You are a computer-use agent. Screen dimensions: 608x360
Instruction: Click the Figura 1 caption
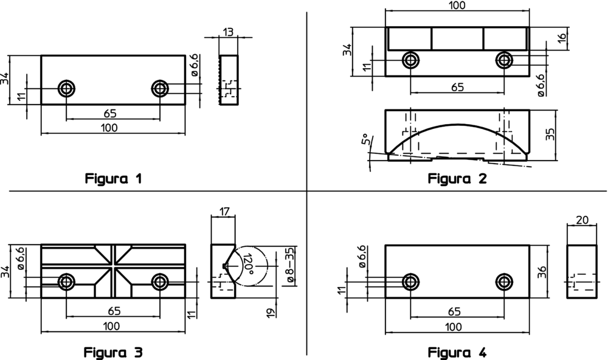click(113, 179)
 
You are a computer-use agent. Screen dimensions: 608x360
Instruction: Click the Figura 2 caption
click(457, 179)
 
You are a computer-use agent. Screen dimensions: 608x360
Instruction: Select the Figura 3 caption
click(113, 353)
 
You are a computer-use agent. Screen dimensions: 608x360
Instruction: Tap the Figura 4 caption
click(457, 353)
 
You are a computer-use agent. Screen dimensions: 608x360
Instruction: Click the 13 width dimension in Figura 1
click(229, 32)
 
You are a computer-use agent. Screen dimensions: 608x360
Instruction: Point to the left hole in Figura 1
click(66, 88)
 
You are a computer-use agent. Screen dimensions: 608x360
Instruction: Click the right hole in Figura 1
click(160, 88)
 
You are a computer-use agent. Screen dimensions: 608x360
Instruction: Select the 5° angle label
click(365, 139)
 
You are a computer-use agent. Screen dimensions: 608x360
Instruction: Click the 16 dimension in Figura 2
click(562, 38)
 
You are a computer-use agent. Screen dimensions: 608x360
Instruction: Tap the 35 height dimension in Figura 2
click(550, 134)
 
